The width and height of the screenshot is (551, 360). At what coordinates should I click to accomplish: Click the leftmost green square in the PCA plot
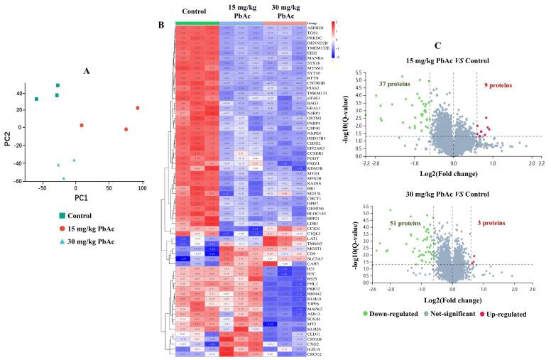[x=36, y=99]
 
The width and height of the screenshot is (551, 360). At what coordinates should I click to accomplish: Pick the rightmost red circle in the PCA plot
[x=138, y=108]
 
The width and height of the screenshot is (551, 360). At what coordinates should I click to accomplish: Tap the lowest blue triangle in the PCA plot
[x=64, y=178]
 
